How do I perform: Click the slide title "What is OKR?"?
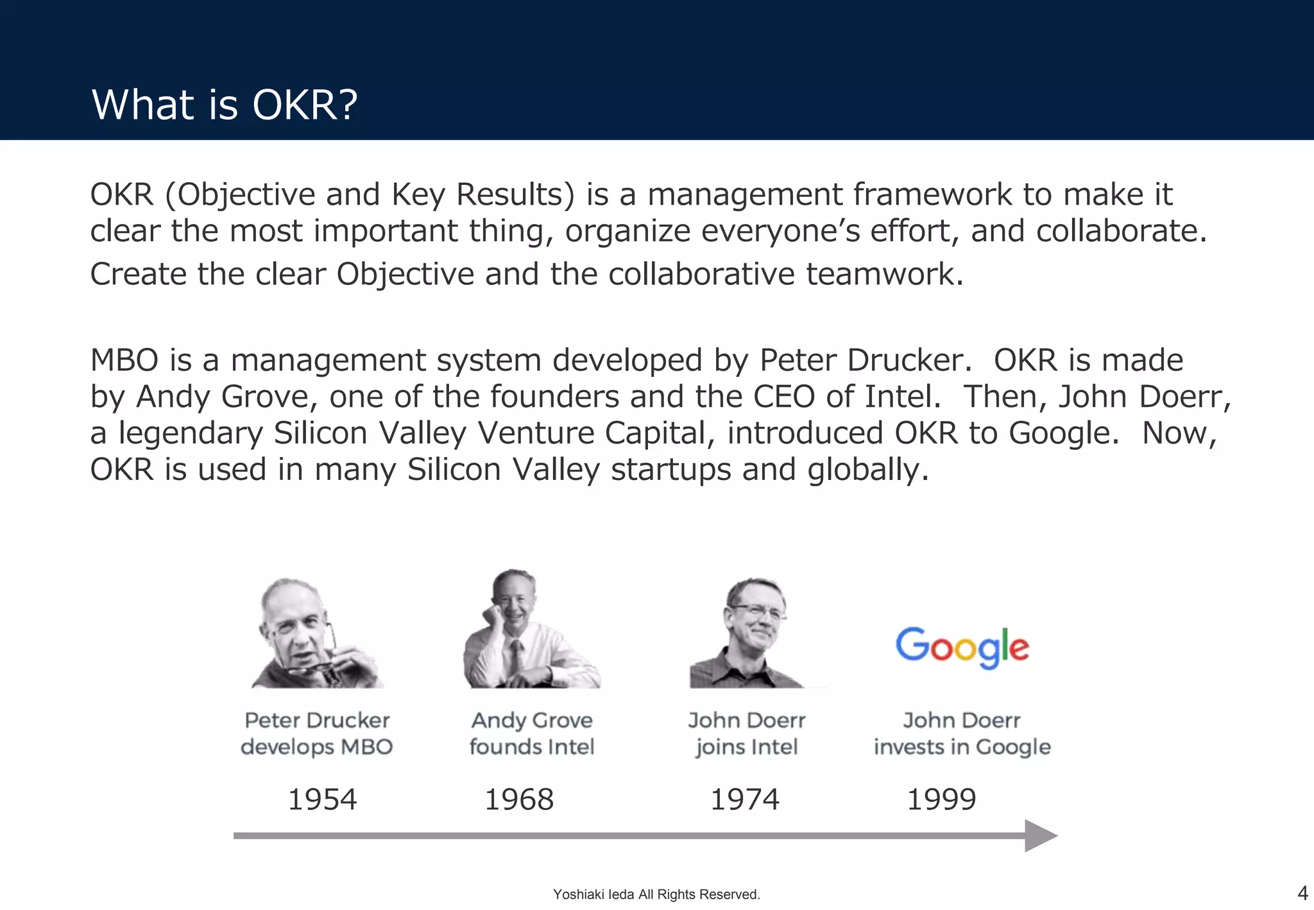[225, 105]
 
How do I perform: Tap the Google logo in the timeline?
[962, 647]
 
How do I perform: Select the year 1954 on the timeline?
[322, 800]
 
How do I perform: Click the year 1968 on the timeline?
[518, 800]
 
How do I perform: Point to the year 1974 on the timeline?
[744, 800]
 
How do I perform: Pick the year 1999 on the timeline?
[941, 800]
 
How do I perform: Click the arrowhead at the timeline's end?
[1039, 836]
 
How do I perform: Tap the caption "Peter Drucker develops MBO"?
[317, 734]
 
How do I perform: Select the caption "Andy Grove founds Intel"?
[532, 734]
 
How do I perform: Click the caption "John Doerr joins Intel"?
[747, 734]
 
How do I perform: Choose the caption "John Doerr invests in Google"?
[962, 734]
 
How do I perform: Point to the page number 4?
[1302, 893]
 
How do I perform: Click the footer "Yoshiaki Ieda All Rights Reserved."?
[656, 894]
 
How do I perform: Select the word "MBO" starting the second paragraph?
[124, 360]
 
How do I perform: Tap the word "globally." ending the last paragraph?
[867, 469]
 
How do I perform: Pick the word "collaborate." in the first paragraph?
[1121, 231]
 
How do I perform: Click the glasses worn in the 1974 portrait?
[757, 611]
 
